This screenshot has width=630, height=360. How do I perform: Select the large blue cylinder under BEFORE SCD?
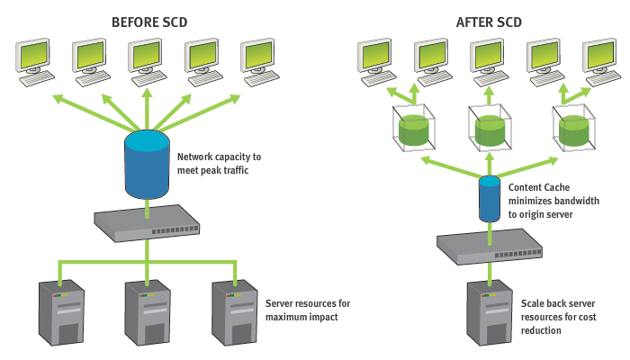[146, 164]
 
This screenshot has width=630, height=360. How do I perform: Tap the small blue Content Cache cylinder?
[488, 199]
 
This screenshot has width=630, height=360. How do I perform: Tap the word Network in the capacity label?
[196, 156]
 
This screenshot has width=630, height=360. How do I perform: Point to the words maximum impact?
[295, 318]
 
